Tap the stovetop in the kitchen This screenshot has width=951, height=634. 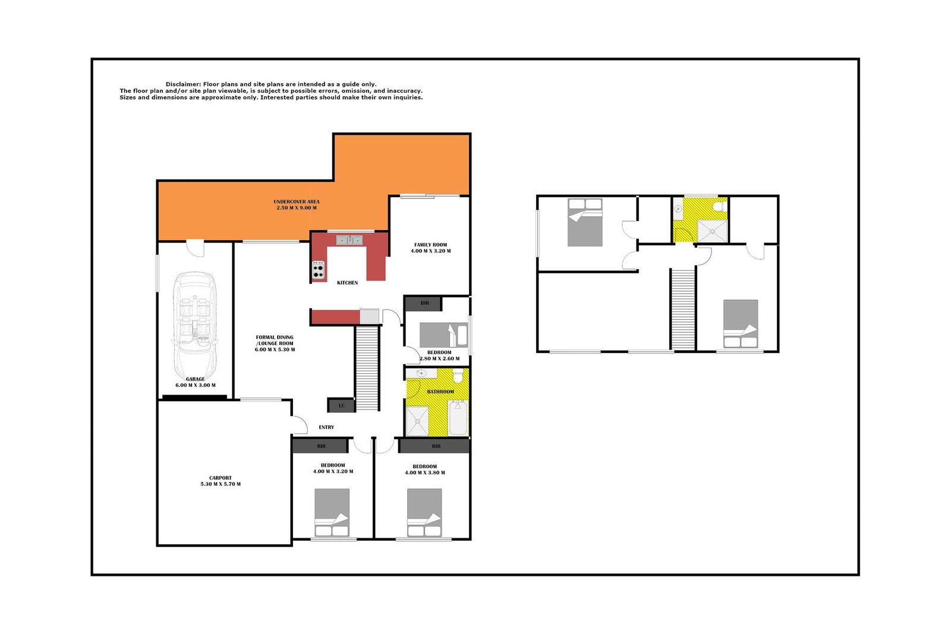pyautogui.click(x=319, y=270)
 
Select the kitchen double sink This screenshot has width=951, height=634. pyautogui.click(x=349, y=240)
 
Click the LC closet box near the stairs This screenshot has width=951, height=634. pyautogui.click(x=341, y=406)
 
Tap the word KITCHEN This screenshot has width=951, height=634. pyautogui.click(x=347, y=283)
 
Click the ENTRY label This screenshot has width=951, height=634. pyautogui.click(x=326, y=427)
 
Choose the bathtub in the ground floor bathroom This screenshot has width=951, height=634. pyautogui.click(x=458, y=418)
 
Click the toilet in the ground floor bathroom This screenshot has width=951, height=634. pyautogui.click(x=458, y=376)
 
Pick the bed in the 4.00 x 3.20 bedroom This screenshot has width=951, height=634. pyautogui.click(x=332, y=512)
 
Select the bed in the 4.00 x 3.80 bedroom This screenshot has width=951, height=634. pyautogui.click(x=424, y=512)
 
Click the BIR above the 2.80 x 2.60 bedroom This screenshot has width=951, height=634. pyautogui.click(x=424, y=303)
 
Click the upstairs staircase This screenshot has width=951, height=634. pyautogui.click(x=683, y=309)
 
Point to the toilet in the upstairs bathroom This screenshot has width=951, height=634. pyautogui.click(x=719, y=206)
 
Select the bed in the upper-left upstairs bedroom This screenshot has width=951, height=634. pyautogui.click(x=585, y=222)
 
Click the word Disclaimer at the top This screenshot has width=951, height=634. pyautogui.click(x=183, y=84)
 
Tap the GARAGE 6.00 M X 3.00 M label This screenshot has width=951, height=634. pyautogui.click(x=195, y=382)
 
